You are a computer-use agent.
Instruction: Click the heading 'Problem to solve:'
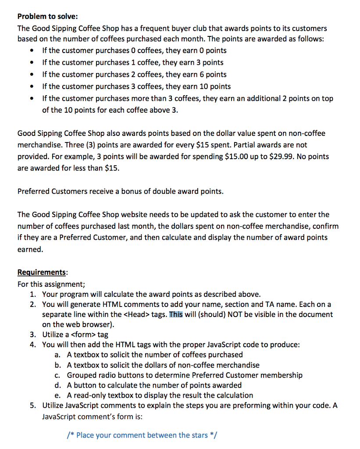pos(47,17)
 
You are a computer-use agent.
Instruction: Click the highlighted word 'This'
pos(176,314)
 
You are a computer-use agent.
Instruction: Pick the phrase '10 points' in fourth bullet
pos(215,86)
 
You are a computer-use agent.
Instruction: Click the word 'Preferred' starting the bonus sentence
pos(33,191)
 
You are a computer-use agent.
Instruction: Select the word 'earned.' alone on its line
pos(30,249)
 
